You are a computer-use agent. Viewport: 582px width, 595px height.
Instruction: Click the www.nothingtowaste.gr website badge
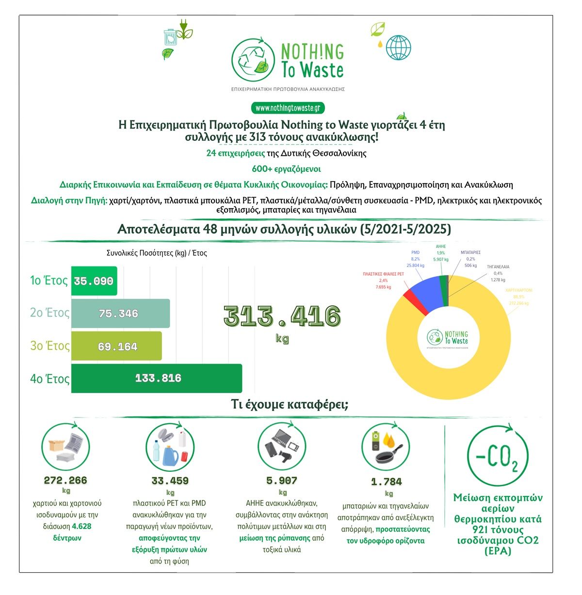(x=288, y=108)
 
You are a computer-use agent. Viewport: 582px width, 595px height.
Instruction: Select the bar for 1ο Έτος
(x=94, y=281)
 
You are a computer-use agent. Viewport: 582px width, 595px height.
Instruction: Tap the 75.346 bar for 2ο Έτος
(x=120, y=314)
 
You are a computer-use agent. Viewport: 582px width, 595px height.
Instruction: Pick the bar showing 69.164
(x=116, y=346)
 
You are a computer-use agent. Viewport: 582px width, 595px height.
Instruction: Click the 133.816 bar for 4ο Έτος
(x=156, y=378)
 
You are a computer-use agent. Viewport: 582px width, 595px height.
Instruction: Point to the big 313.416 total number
(x=282, y=316)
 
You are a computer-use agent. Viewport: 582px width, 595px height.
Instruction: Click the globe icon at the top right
(x=399, y=47)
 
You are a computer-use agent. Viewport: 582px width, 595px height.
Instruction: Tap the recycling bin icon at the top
(x=170, y=37)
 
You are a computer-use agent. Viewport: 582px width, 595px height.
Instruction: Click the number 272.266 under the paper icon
(x=65, y=480)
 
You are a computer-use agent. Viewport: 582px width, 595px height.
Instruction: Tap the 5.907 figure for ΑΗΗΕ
(x=282, y=480)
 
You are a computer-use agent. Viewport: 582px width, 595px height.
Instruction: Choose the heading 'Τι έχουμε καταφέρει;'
(x=290, y=404)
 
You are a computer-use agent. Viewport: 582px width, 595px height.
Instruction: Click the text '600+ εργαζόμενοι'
(x=286, y=169)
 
